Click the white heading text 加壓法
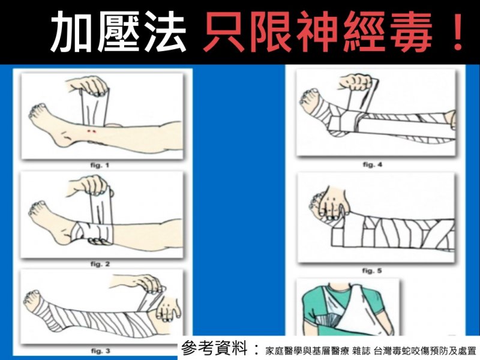tap(118, 32)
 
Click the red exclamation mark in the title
tap(457, 32)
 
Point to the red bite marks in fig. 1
tap(91, 131)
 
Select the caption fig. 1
tap(100, 166)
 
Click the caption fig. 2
tap(100, 264)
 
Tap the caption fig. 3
tap(100, 351)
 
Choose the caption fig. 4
tap(373, 164)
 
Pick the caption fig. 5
tap(372, 271)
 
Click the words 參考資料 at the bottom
tap(214, 349)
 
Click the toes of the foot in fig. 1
tap(37, 111)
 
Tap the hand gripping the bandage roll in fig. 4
tap(356, 82)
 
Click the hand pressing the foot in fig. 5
tap(331, 203)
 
